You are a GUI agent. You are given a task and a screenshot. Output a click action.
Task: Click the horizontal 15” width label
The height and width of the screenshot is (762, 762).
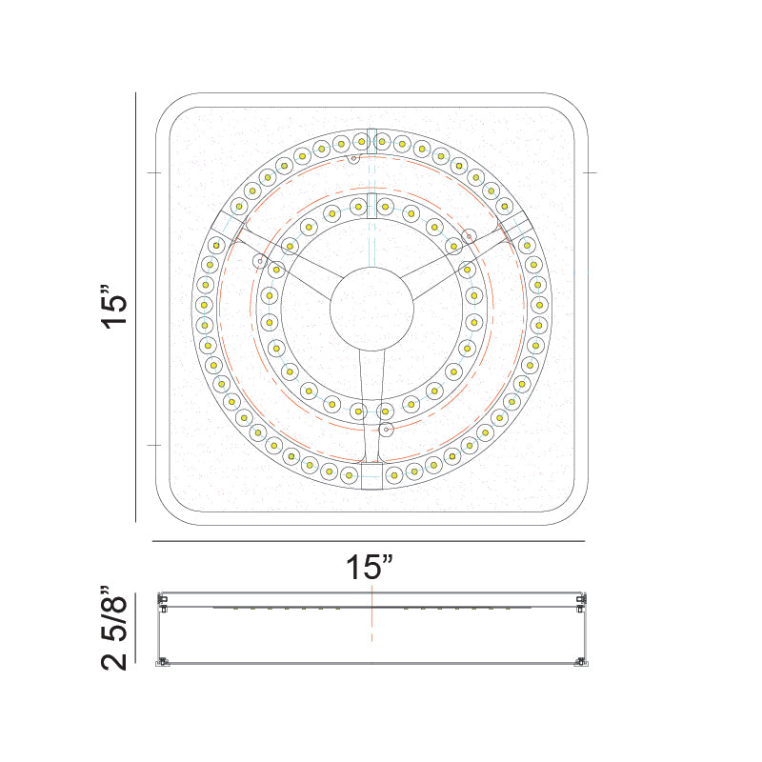(370, 568)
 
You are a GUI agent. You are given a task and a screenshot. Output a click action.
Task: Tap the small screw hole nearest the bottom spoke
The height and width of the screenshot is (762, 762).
(385, 431)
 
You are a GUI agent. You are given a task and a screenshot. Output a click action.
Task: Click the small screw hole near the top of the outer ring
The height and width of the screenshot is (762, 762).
(352, 158)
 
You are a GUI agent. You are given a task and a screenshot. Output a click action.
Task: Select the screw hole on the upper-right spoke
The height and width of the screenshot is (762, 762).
(468, 235)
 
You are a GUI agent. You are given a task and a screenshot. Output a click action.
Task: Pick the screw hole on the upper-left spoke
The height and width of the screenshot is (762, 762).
(258, 260)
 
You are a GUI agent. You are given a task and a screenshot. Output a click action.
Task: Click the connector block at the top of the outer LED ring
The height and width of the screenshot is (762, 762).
(372, 139)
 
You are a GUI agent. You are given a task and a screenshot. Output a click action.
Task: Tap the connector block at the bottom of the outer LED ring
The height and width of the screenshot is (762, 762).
(372, 474)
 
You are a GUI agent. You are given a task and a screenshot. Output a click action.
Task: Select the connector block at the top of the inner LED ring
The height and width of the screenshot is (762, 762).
(372, 205)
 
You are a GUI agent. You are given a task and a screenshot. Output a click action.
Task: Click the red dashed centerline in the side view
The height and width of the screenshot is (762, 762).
(372, 624)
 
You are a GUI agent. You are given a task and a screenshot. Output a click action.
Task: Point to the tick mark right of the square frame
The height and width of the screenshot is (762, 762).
(590, 172)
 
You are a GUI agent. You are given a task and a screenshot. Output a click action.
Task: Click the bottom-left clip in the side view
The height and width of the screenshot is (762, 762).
(163, 660)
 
